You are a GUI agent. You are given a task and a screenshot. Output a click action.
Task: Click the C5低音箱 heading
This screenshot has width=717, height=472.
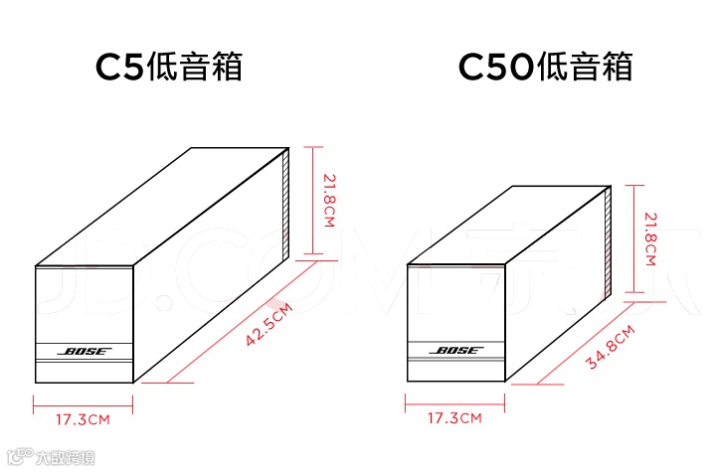coord(169,68)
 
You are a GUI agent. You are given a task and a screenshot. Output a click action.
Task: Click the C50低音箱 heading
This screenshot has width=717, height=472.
coord(545,68)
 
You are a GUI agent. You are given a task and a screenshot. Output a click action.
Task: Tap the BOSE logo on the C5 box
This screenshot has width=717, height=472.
coord(85,351)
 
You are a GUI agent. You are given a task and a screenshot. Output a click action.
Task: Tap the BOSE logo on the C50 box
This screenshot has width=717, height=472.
coord(456,351)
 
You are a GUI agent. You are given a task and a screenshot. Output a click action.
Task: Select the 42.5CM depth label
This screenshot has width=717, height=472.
coord(269,326)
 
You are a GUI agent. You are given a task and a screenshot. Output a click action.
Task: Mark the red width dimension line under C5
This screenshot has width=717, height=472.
coord(84,403)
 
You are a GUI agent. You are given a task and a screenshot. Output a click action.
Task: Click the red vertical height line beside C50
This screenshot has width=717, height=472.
coord(635,238)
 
